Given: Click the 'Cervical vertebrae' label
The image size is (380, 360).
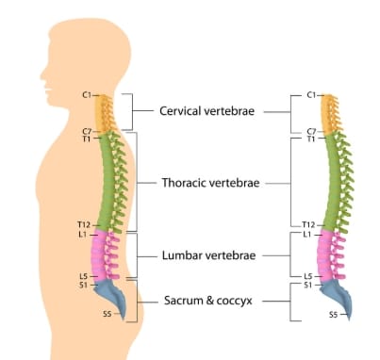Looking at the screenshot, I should [x=210, y=110].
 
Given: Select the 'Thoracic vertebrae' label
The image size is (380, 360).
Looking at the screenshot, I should [x=211, y=181].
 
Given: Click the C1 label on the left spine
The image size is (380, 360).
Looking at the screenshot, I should [x=88, y=95].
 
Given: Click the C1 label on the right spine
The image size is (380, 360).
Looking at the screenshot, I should [x=313, y=95].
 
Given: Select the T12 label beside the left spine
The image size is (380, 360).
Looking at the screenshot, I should [x=84, y=224].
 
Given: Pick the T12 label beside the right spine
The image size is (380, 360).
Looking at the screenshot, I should [x=309, y=224].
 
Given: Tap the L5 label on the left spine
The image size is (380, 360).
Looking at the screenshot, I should [x=84, y=274].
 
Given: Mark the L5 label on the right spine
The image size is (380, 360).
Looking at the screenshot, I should [x=309, y=274].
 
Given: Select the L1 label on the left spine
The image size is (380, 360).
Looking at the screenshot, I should [x=84, y=233].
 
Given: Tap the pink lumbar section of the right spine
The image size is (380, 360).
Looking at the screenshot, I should [x=332, y=254].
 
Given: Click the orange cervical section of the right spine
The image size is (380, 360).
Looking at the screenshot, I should [x=330, y=113].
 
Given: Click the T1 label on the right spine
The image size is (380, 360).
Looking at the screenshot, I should [x=311, y=139].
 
